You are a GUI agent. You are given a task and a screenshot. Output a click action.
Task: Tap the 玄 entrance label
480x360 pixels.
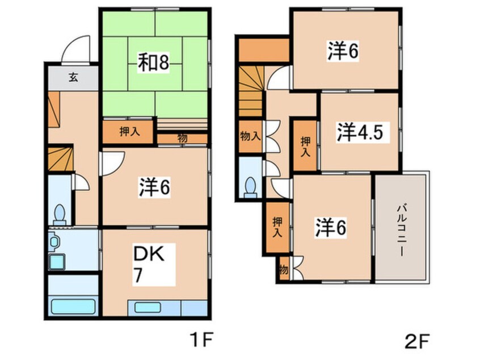73,78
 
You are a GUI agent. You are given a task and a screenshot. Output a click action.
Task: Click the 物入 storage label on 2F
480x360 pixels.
250,136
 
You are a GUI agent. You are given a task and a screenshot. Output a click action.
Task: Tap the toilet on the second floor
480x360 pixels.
250,187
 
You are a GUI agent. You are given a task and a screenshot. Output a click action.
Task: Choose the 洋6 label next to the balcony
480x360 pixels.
330,227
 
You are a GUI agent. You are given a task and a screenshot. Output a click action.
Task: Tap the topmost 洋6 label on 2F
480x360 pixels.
342,51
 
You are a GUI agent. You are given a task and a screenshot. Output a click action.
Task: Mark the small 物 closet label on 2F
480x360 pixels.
283,270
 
